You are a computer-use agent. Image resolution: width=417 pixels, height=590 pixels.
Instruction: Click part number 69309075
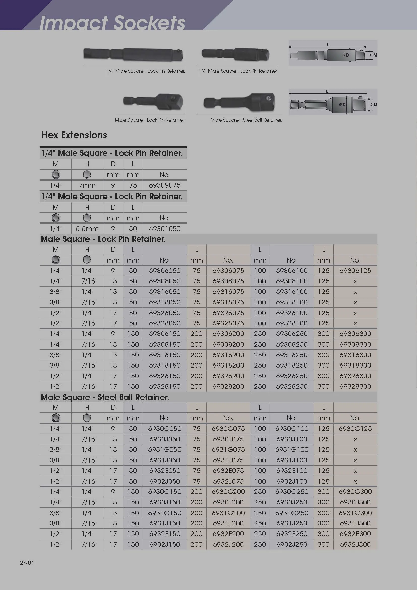point(165,185)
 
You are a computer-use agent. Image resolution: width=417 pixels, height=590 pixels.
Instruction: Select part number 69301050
point(165,229)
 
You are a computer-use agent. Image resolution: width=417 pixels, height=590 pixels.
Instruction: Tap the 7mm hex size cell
point(87,185)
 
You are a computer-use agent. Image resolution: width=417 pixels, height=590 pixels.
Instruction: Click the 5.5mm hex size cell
point(87,229)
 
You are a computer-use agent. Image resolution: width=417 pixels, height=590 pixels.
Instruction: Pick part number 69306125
point(355,271)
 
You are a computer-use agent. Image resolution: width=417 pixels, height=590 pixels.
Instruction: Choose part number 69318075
point(228,302)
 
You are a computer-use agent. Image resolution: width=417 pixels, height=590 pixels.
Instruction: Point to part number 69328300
point(355,386)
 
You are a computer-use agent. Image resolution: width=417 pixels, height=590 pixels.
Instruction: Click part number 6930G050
point(165,429)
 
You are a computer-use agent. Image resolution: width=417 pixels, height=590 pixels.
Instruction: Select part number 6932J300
point(355,544)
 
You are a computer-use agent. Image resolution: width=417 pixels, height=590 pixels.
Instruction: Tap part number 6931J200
point(228,523)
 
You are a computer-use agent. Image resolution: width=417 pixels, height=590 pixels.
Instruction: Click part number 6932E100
point(292,471)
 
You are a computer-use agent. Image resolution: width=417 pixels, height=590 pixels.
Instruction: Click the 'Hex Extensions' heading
point(74,135)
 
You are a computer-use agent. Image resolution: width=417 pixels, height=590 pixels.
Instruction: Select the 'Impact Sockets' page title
point(112,23)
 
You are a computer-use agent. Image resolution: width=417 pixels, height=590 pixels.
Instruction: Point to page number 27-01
point(27,563)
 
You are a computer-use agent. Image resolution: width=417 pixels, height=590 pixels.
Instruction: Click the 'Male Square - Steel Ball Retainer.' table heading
point(105,397)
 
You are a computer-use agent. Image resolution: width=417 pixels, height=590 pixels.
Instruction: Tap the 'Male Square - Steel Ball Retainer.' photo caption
point(246,120)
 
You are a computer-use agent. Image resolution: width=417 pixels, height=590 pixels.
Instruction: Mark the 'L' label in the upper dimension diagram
point(328,45)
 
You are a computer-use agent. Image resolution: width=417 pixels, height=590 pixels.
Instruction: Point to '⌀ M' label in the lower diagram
point(374,105)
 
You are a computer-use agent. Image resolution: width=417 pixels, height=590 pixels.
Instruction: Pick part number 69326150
point(165,376)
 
